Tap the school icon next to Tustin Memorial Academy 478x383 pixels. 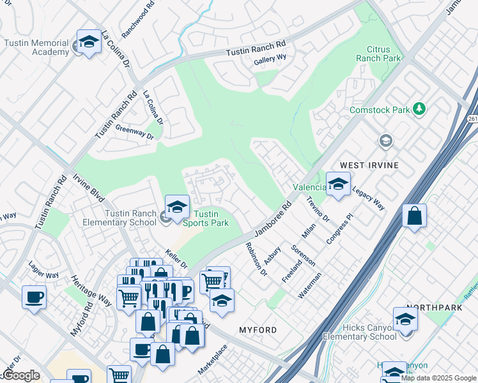point(89,42)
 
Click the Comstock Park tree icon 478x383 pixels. point(419,109)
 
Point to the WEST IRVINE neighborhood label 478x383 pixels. point(369,165)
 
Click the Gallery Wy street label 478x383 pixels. point(270,59)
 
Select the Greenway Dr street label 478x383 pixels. point(135,131)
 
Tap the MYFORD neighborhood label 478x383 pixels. point(258,330)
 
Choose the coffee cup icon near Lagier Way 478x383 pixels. point(33,297)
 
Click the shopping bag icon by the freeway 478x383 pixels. point(414,216)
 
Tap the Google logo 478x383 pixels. point(20,375)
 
